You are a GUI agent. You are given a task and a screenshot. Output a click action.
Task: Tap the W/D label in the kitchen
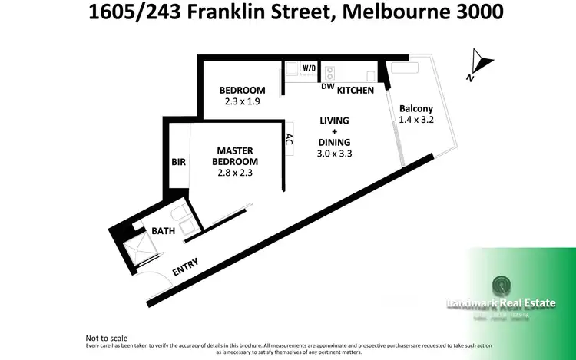pos(310,68)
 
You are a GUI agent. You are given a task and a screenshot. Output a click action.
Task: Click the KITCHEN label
pos(356,90)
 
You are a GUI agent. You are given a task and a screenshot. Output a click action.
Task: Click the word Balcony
pos(417,108)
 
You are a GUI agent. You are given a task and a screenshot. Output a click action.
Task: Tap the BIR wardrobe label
pos(177,162)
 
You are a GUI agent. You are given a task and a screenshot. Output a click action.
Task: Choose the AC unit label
pos(289,139)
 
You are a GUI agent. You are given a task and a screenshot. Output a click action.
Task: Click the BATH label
pos(163,230)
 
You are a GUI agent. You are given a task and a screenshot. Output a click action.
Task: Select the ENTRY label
pos(185,267)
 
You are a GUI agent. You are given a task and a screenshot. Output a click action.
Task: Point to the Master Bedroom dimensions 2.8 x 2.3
pos(235,173)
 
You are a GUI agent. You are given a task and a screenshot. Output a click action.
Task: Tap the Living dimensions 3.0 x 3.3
pos(334,153)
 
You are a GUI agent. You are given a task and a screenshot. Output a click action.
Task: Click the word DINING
pos(334,142)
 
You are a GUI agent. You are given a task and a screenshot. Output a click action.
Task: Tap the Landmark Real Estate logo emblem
pos(501,285)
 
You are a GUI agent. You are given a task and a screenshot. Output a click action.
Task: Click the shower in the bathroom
pos(143,247)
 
